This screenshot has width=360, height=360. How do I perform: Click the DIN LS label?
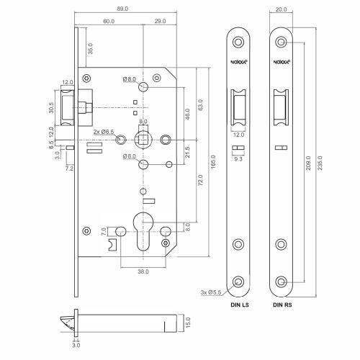coord(239,305)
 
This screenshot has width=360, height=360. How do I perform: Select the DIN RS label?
coord(282,305)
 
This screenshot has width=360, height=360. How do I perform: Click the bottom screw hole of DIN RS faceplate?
coord(282,279)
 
